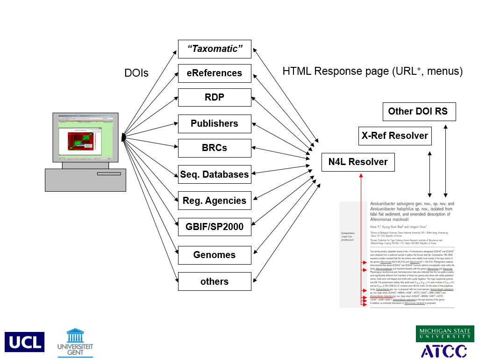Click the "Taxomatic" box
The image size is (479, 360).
pos(214,49)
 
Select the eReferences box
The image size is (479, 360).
pos(214,73)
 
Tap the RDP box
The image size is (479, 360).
pos(214,97)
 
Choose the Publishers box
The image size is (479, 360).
pos(214,123)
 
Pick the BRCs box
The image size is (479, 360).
pos(214,148)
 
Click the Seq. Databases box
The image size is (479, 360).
pos(214,174)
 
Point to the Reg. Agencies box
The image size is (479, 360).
pos(214,201)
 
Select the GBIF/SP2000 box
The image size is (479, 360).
pos(214,227)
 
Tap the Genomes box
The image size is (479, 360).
pos(214,255)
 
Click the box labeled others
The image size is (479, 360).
pos(214,281)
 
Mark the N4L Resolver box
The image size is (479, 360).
pos(358,162)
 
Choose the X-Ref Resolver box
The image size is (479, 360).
pos(395,136)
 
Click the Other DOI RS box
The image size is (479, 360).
pos(418,111)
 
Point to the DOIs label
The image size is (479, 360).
pos(136,73)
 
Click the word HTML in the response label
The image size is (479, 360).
pos(297,72)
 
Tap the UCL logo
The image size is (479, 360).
pos(24,342)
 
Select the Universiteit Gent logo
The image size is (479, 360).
pos(75,341)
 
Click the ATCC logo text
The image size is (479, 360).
pos(444,351)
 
